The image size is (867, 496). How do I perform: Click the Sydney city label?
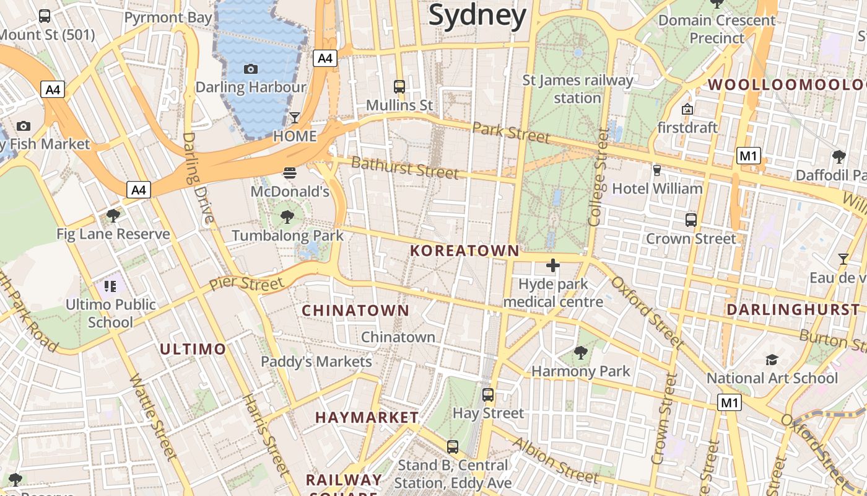(477, 15)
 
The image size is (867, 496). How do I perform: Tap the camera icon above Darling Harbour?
(251, 69)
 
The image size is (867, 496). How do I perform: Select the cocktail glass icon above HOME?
(295, 118)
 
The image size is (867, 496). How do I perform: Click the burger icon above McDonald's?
(290, 172)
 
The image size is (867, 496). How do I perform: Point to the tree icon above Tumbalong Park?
(287, 216)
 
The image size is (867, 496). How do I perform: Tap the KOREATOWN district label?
(464, 250)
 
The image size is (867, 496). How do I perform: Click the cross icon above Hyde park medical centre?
(552, 266)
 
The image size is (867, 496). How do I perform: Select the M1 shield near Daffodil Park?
(748, 156)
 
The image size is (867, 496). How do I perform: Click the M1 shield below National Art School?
(730, 403)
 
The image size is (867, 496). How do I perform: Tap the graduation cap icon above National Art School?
(772, 360)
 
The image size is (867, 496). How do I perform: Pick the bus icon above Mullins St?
(399, 87)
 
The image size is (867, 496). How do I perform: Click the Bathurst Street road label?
(405, 167)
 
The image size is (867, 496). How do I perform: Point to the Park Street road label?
(511, 132)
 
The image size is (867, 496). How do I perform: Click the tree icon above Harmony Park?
(580, 353)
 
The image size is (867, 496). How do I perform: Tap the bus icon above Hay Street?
(488, 394)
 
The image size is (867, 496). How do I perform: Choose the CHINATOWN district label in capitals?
(355, 310)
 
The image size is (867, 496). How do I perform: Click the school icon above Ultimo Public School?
(110, 286)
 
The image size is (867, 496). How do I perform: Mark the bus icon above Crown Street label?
(691, 219)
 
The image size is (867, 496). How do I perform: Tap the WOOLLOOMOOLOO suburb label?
(786, 84)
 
